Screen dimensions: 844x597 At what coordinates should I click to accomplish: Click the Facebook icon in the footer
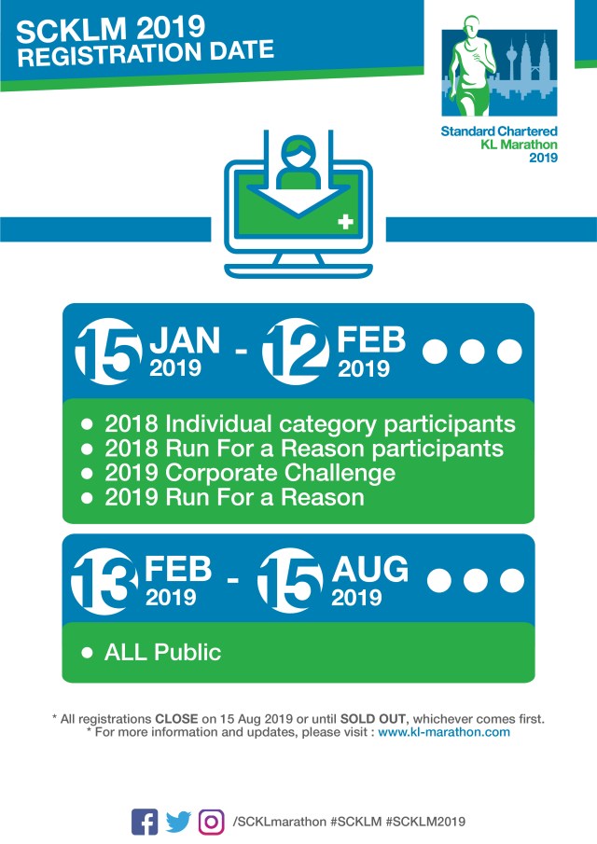tap(145, 821)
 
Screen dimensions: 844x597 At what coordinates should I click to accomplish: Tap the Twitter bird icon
tap(178, 822)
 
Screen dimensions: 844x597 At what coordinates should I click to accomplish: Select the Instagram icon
tap(213, 822)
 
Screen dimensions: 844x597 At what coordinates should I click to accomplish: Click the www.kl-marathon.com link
tap(444, 732)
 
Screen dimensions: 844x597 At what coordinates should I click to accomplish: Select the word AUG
tap(370, 568)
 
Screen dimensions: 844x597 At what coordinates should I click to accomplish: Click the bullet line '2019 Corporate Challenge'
tap(250, 473)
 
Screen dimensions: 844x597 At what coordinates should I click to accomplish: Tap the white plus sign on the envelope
tap(347, 223)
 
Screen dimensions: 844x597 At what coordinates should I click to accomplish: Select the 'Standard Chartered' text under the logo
tap(499, 131)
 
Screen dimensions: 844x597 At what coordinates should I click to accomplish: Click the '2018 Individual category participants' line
tap(310, 423)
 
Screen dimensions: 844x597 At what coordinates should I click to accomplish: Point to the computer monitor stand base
tap(298, 270)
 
